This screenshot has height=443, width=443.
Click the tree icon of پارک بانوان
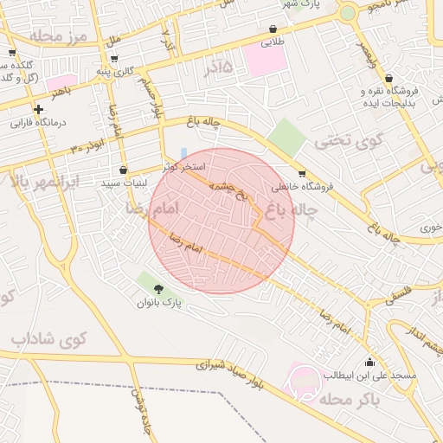click(158, 288)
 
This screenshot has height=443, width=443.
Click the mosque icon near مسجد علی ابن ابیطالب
click(370, 363)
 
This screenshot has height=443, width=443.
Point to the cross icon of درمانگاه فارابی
click(38, 109)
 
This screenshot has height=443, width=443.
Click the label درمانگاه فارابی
click(39, 123)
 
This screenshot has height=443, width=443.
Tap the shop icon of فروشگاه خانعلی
click(301, 173)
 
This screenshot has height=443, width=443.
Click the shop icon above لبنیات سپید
click(123, 170)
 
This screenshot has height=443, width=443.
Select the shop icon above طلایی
click(273, 29)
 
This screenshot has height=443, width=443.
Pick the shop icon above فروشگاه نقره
click(388, 78)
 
